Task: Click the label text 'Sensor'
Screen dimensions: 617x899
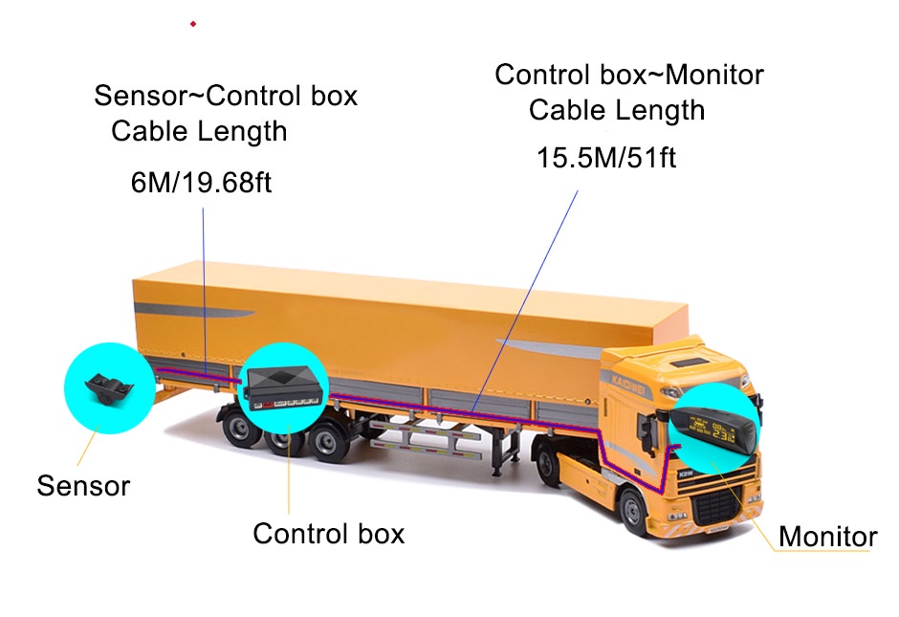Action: click(x=83, y=485)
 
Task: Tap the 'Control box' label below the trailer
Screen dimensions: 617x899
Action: click(x=328, y=533)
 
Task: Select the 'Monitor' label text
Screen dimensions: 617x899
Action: click(x=827, y=536)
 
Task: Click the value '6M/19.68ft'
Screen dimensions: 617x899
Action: click(x=202, y=182)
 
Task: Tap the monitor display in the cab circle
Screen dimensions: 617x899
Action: click(x=713, y=422)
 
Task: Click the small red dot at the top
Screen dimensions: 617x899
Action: click(x=193, y=23)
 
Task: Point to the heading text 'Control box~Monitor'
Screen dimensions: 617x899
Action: click(x=629, y=75)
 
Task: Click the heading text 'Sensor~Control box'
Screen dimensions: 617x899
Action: click(x=226, y=96)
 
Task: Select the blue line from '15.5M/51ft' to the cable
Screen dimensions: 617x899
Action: click(x=526, y=297)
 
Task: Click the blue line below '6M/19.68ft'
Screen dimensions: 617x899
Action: click(x=205, y=287)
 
